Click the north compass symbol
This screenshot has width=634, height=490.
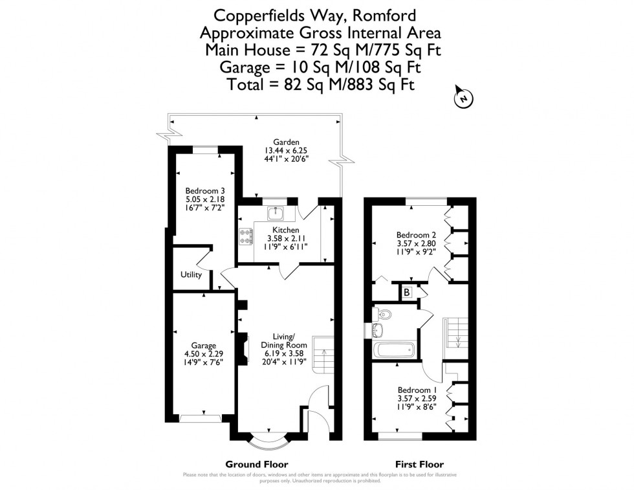[463, 98]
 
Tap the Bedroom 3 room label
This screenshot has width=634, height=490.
[205, 190]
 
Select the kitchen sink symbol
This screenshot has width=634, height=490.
[275, 212]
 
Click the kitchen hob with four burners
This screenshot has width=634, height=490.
[246, 238]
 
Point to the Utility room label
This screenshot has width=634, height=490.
[191, 274]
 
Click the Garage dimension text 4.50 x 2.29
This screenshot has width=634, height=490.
[203, 355]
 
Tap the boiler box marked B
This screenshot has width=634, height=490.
[407, 292]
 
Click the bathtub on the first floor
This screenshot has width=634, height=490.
[393, 351]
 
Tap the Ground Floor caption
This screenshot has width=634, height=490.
[256, 464]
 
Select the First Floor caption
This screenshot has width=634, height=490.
[419, 464]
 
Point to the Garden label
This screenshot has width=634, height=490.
[285, 142]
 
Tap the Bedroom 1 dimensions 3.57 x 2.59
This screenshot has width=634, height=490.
[417, 399]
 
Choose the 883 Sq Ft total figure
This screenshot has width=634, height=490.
[381, 84]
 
